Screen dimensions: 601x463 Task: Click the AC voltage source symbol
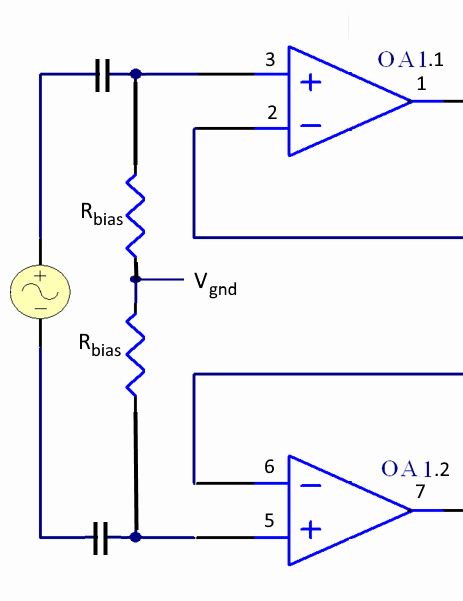point(39,291)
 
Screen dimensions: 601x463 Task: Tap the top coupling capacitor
point(101,74)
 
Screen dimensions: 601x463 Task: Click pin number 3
point(270,61)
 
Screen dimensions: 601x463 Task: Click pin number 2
point(271,112)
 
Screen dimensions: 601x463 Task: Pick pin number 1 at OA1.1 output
point(421,84)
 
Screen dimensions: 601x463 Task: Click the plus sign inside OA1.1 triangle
point(311,81)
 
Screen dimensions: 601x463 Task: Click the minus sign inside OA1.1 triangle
point(311,127)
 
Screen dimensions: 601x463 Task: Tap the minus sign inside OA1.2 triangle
point(311,484)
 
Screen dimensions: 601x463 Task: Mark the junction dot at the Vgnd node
point(136,280)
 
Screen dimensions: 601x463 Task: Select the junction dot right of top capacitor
point(136,74)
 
